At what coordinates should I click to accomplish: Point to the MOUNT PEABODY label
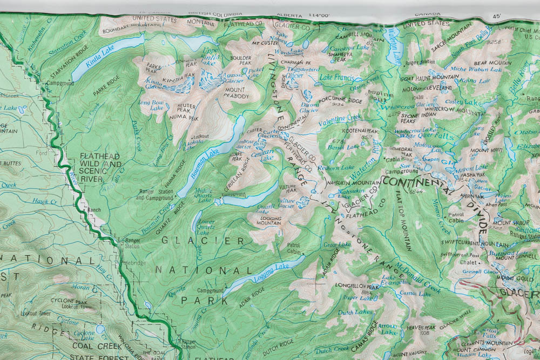234,93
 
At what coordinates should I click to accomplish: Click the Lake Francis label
337,78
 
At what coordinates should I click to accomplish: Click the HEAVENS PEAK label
421,328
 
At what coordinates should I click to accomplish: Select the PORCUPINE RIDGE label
340,100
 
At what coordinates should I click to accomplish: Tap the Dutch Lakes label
355,312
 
